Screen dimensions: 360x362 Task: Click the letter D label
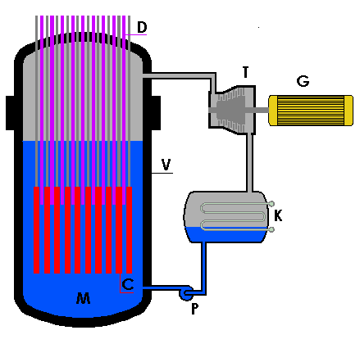click(x=142, y=27)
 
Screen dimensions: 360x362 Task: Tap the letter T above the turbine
click(x=245, y=72)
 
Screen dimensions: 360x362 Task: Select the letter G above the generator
click(x=303, y=81)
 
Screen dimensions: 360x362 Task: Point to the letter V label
click(x=166, y=165)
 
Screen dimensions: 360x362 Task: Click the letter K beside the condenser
click(x=278, y=215)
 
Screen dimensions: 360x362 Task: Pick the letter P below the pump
click(x=194, y=309)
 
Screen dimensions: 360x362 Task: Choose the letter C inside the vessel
click(x=128, y=284)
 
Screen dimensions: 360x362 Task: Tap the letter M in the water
click(x=83, y=298)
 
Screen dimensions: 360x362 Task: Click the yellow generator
click(x=311, y=111)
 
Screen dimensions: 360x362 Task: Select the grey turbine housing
click(x=232, y=110)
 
